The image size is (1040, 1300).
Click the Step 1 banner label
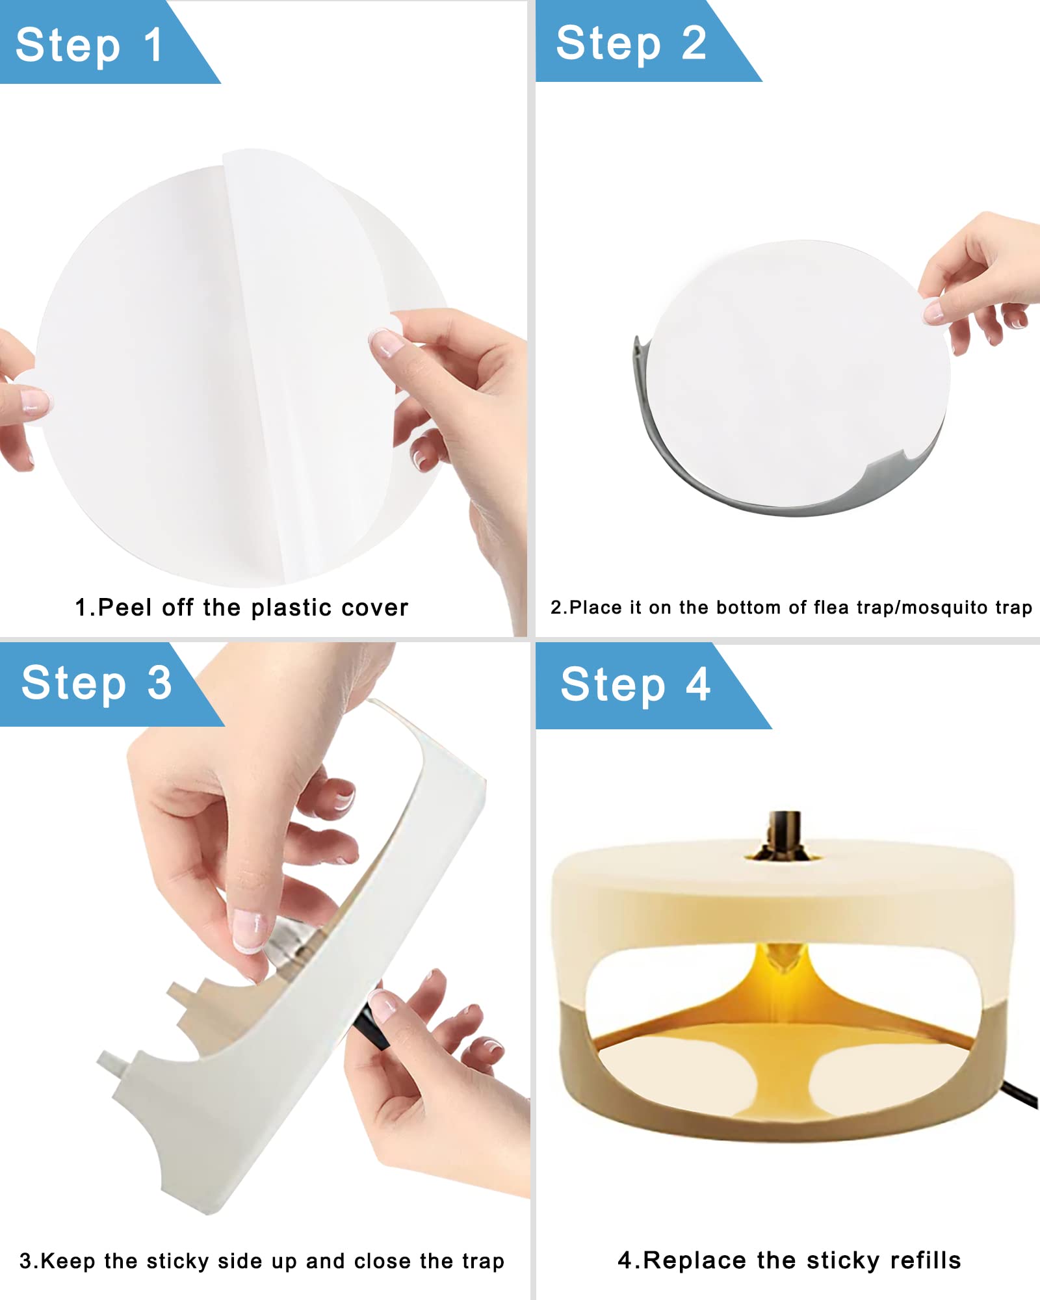point(89,45)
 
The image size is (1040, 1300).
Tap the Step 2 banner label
point(631,43)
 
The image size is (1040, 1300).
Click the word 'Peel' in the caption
point(125,607)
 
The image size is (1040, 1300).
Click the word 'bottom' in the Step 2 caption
point(746,607)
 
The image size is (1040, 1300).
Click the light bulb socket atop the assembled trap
point(784,835)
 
